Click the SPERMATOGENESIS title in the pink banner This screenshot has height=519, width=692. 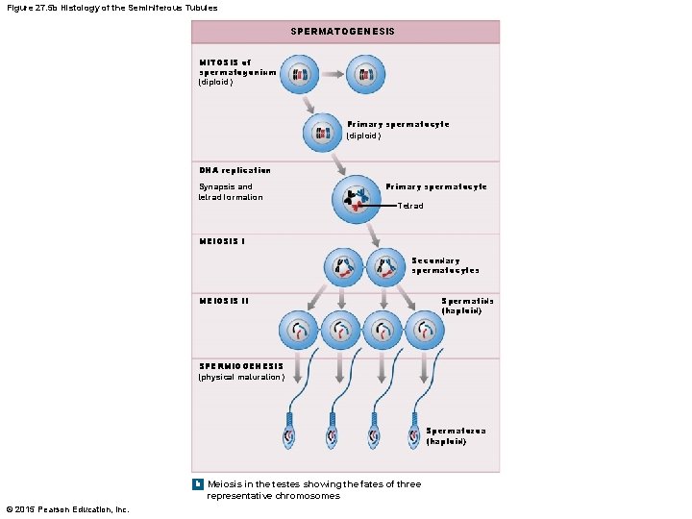(x=343, y=32)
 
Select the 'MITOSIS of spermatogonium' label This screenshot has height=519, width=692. (x=237, y=67)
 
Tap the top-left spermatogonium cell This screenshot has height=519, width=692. (x=300, y=73)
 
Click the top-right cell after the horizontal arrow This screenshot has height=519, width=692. (x=365, y=73)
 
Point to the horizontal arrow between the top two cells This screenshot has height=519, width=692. (x=333, y=73)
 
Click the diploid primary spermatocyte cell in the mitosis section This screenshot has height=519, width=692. (x=322, y=134)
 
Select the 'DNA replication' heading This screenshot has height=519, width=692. (x=235, y=170)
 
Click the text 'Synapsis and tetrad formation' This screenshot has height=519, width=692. (x=231, y=191)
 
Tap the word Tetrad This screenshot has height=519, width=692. (x=409, y=206)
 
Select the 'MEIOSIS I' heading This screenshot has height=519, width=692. (x=222, y=241)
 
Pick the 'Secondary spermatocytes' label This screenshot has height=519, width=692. (x=445, y=265)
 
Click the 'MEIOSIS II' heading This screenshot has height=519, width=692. (x=224, y=300)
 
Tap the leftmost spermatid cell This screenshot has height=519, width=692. (x=298, y=331)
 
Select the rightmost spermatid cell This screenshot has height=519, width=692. (x=424, y=331)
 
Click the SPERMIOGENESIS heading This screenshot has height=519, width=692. (x=241, y=366)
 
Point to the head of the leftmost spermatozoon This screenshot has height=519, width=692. (x=291, y=434)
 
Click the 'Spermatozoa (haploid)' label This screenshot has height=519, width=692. (x=456, y=435)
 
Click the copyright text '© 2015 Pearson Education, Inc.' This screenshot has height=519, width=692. (x=66, y=508)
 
